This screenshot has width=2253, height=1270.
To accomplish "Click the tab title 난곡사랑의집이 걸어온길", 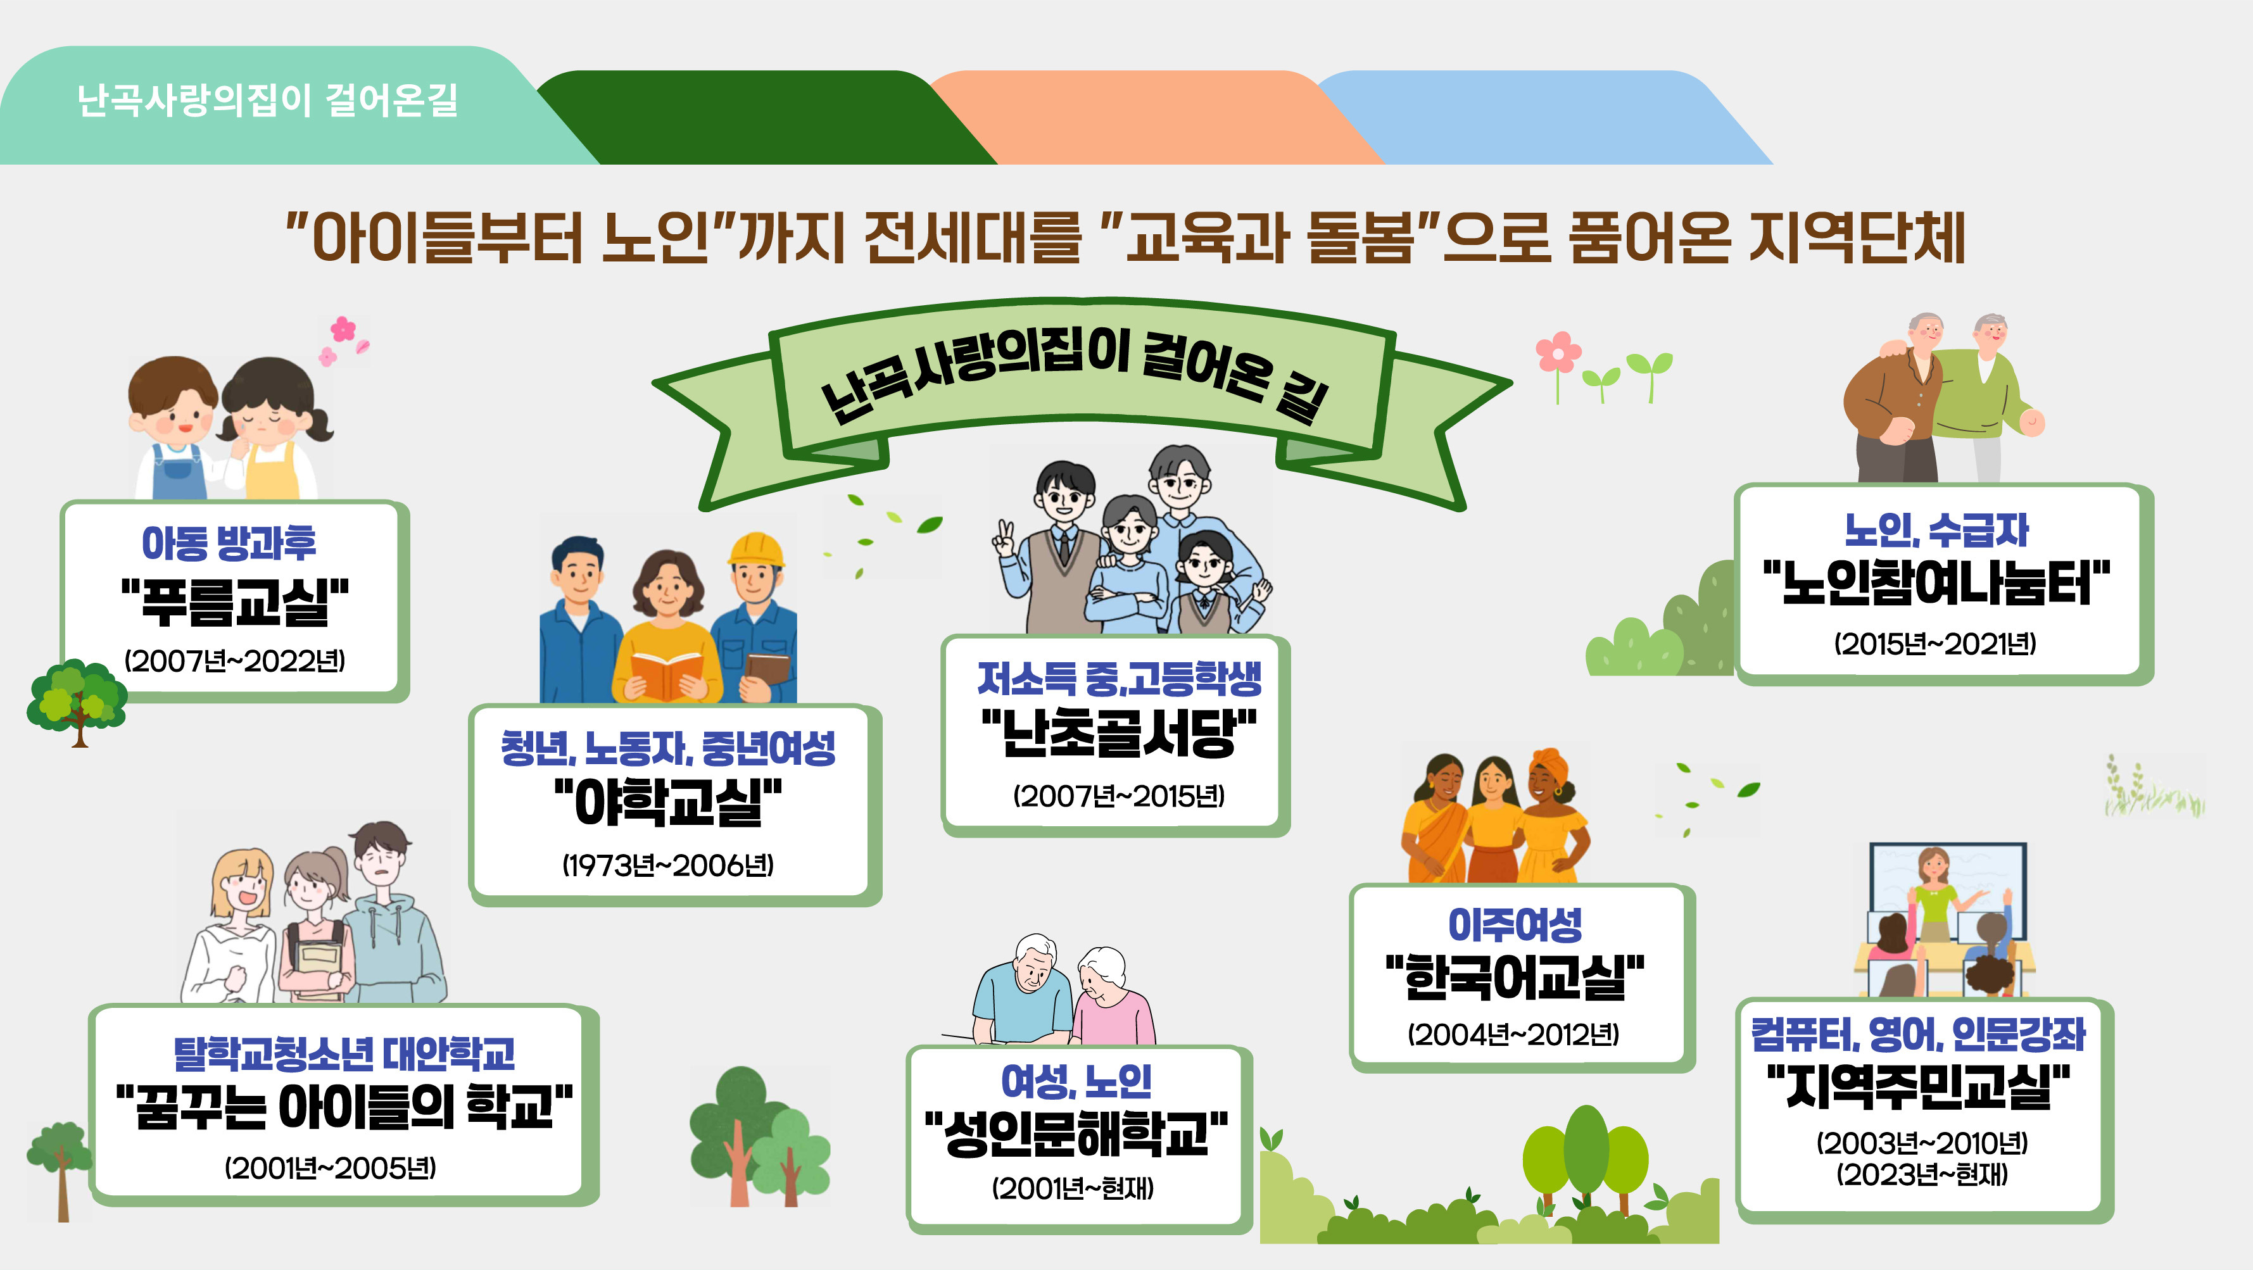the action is point(268,99).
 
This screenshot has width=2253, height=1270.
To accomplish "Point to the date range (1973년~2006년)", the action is point(667,865).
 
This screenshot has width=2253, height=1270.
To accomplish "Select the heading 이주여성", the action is point(1515,924).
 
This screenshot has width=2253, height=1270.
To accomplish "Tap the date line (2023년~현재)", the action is point(1922,1174).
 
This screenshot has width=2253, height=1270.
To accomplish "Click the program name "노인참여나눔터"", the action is point(1936,583).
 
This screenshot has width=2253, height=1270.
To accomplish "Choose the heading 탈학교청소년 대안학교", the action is point(344,1053).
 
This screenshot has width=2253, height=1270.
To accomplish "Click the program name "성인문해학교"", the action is point(1076,1133).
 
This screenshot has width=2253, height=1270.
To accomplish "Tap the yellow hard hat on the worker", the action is point(755,550).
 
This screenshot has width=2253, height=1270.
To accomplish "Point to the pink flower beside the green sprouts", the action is point(1558,353).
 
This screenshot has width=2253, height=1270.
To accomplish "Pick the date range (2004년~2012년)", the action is point(1513,1034).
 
